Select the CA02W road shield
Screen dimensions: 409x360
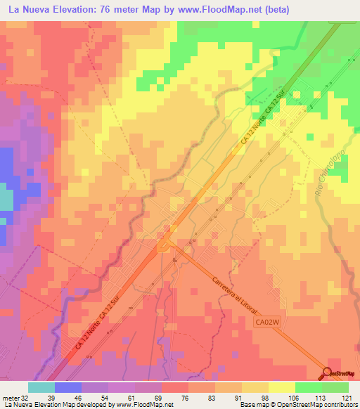click(x=268, y=321)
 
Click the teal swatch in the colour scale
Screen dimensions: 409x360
click(x=41, y=387)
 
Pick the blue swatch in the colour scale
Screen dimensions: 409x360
click(x=68, y=387)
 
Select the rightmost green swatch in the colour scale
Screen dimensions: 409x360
click(x=335, y=387)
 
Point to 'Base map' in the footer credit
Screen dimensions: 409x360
click(x=251, y=404)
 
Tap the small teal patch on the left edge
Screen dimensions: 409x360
click(x=5, y=200)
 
